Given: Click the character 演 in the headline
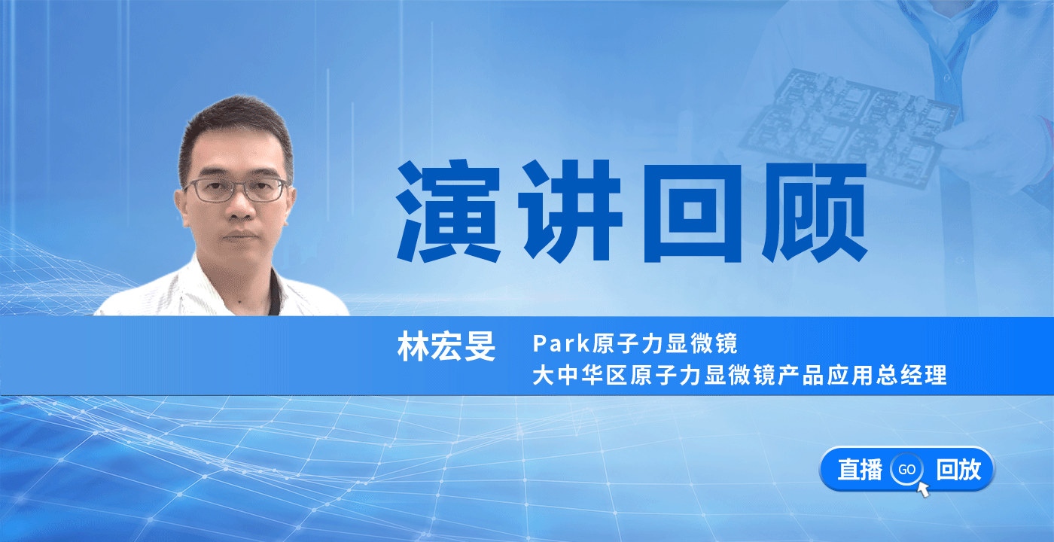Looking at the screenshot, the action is (449, 212).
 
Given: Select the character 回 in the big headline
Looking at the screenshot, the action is (692, 212).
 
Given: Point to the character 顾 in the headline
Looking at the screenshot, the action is (815, 212).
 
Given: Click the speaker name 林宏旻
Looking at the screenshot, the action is (446, 346).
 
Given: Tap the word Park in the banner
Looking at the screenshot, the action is (562, 343).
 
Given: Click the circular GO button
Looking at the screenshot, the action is (906, 470).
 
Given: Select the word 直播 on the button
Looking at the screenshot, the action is (860, 470).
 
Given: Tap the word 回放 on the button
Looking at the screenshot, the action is (958, 470).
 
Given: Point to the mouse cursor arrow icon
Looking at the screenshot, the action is (923, 489).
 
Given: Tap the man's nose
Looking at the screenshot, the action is (241, 208).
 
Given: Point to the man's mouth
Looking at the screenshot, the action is (241, 236).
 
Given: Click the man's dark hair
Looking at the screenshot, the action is (235, 132).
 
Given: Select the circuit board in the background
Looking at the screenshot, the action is (847, 126).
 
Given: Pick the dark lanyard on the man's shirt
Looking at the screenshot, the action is (275, 292).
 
